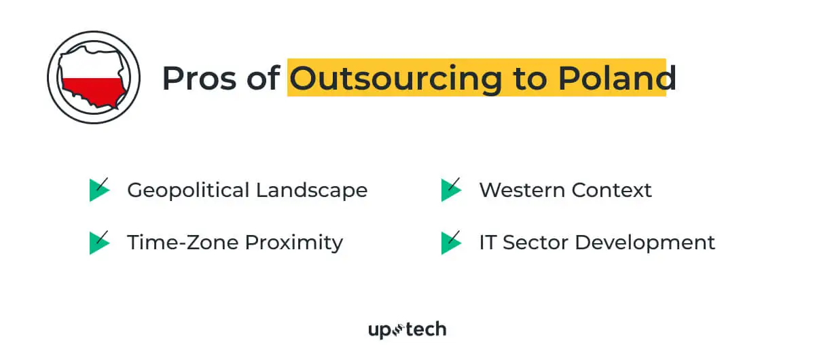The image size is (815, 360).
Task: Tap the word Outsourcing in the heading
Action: (x=395, y=78)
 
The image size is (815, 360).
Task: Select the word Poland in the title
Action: (x=617, y=78)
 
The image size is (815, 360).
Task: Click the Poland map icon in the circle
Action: (x=93, y=77)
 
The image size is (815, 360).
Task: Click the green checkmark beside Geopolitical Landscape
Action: (x=99, y=190)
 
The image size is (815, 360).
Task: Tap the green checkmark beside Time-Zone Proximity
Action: (x=99, y=242)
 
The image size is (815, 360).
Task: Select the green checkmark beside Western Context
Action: (x=451, y=190)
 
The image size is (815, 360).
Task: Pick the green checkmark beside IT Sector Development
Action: (x=451, y=242)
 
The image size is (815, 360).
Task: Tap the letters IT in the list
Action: (x=487, y=242)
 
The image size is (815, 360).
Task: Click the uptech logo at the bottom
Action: (x=407, y=330)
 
